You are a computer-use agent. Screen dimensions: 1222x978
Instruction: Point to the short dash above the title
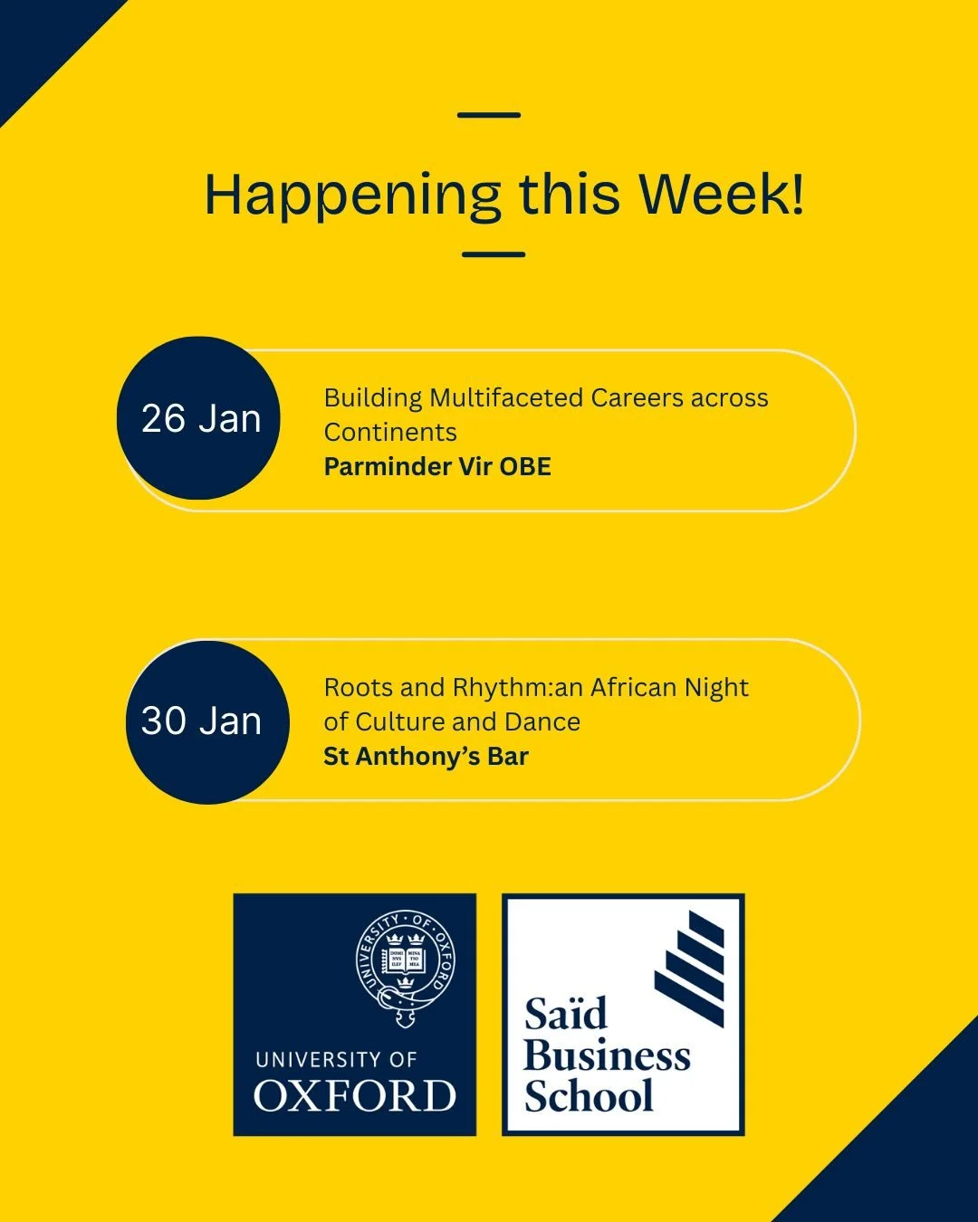[489, 115]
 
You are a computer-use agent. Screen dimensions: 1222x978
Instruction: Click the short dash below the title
[494, 254]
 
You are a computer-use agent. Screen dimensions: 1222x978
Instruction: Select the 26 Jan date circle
[199, 418]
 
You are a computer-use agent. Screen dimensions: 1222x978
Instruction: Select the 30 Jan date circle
[206, 721]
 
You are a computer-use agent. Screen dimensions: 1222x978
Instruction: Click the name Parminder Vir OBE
[437, 467]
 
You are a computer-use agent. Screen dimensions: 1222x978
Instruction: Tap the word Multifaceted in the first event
[506, 398]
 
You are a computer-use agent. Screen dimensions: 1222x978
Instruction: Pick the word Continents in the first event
[390, 433]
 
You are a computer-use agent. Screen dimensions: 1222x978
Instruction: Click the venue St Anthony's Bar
[426, 757]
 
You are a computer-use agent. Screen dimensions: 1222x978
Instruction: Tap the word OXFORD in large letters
[354, 1097]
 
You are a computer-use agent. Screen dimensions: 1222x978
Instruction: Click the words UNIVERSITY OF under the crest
[336, 1060]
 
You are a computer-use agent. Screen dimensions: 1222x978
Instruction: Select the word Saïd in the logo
[565, 1015]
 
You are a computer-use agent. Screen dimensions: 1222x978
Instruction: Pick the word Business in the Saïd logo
[607, 1056]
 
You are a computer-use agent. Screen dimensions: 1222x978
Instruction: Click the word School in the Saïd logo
[589, 1097]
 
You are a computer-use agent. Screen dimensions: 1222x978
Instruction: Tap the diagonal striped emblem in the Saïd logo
[690, 969]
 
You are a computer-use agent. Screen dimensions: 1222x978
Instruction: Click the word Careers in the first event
[638, 398]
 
